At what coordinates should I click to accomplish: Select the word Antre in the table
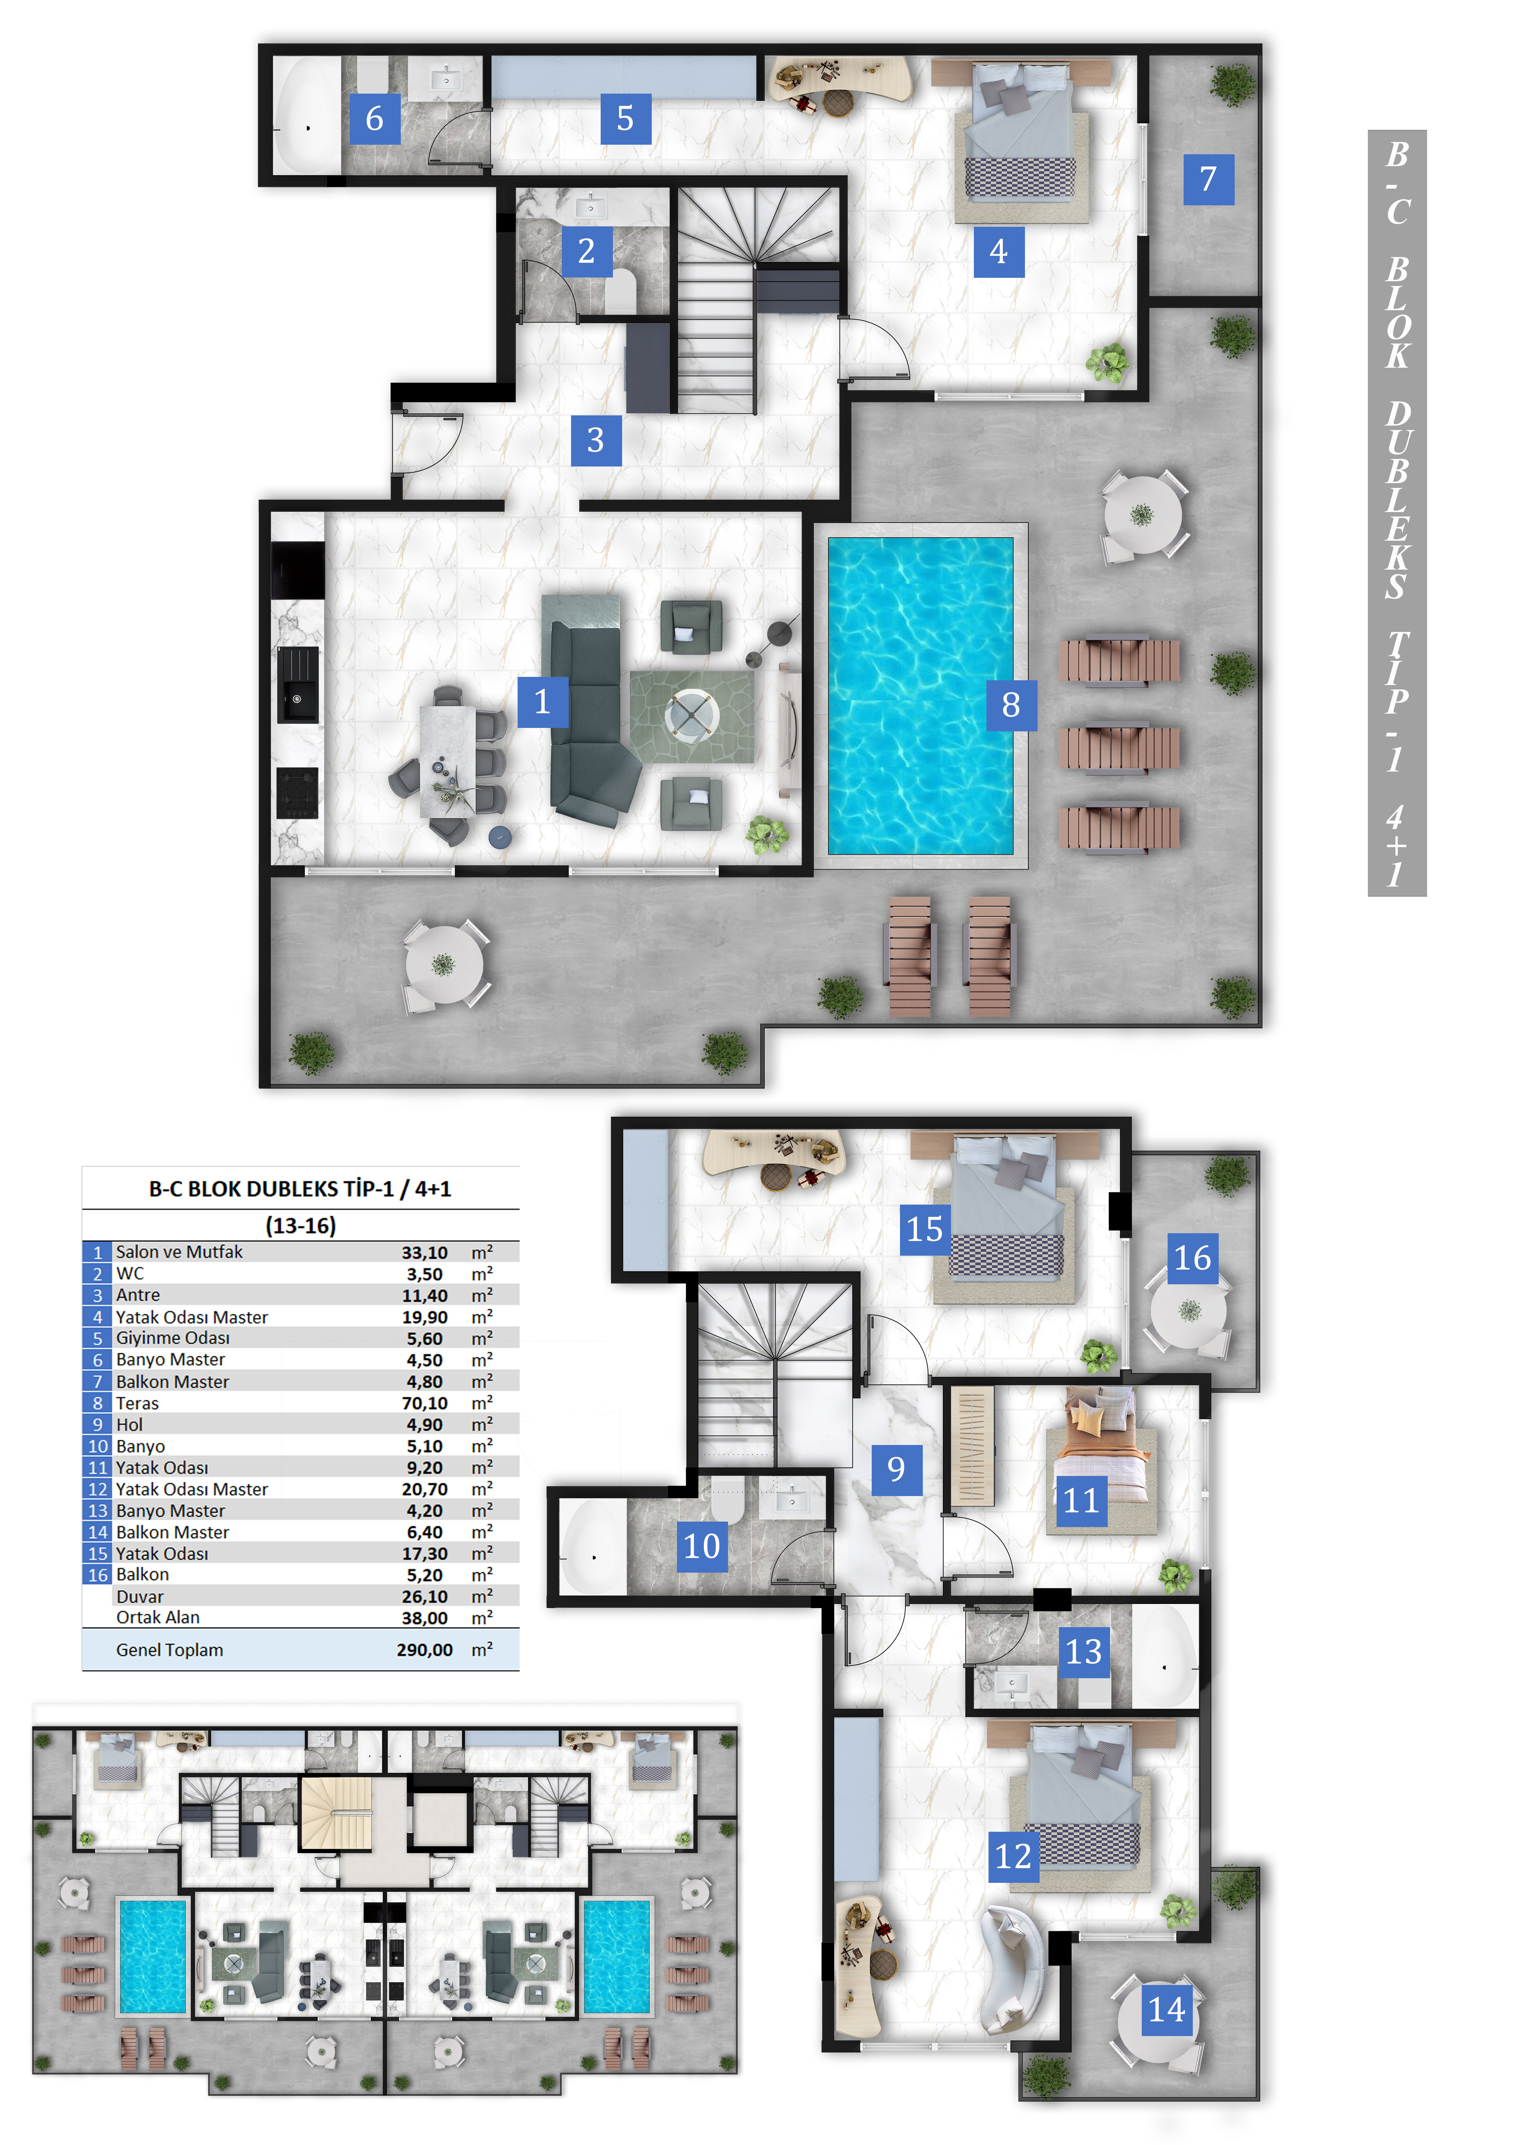coord(138,1295)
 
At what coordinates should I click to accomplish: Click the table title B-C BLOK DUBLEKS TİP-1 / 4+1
coord(300,1188)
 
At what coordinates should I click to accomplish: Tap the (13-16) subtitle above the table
coord(300,1225)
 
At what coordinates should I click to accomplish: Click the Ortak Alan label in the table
coord(158,1617)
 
